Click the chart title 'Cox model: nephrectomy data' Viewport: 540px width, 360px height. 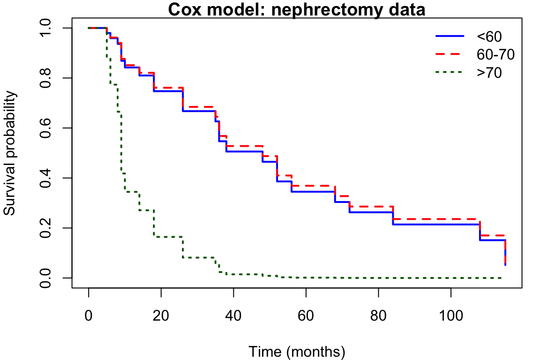tap(297, 9)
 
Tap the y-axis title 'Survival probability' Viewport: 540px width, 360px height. tap(10, 153)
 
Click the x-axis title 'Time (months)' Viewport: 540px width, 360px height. tap(297, 352)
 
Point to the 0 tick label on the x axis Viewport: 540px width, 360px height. tap(89, 315)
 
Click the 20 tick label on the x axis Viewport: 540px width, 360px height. tap(161, 315)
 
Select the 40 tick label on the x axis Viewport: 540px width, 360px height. tap(233, 315)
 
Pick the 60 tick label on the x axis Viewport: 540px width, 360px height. tap(306, 315)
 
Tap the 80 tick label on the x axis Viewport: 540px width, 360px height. tap(378, 315)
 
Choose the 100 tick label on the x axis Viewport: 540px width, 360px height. tap(451, 315)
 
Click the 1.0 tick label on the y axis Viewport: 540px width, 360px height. tap(45, 28)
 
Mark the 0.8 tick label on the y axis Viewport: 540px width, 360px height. tap(45, 78)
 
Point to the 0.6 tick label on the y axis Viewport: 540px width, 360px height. tap(45, 128)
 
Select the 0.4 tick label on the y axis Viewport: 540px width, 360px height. tap(45, 178)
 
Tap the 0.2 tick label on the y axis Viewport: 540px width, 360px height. tap(45, 228)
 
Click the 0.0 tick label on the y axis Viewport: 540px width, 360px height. tap(45, 277)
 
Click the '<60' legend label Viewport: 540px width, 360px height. tap(489, 37)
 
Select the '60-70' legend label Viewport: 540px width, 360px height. tap(495, 54)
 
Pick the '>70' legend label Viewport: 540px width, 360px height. tap(489, 73)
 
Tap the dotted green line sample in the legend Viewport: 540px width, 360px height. tap(450, 72)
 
